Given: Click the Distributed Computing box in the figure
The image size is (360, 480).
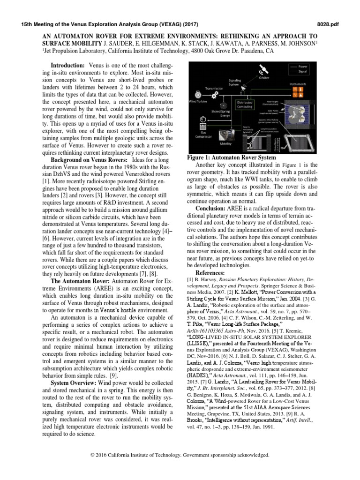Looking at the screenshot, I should tap(244, 105).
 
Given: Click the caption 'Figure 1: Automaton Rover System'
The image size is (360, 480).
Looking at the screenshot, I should tap(232, 158).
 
